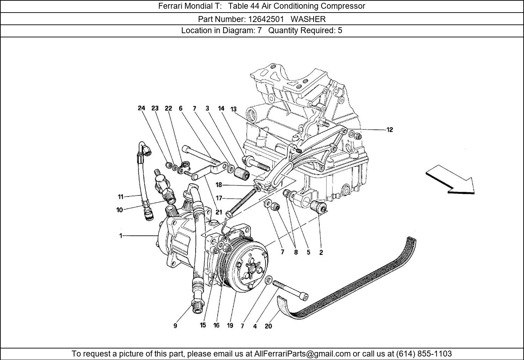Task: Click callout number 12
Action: [x=390, y=130]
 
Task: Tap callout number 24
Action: [x=141, y=108]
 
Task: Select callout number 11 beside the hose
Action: [x=121, y=197]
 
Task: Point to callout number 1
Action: [x=121, y=236]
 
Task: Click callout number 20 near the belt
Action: [x=268, y=326]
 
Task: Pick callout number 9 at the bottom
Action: [x=175, y=326]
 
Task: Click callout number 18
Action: [x=219, y=185]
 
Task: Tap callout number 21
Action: [x=219, y=212]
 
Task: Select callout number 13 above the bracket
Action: [x=233, y=109]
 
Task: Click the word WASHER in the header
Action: [x=308, y=19]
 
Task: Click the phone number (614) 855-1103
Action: [x=424, y=354]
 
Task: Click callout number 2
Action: [x=321, y=252]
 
